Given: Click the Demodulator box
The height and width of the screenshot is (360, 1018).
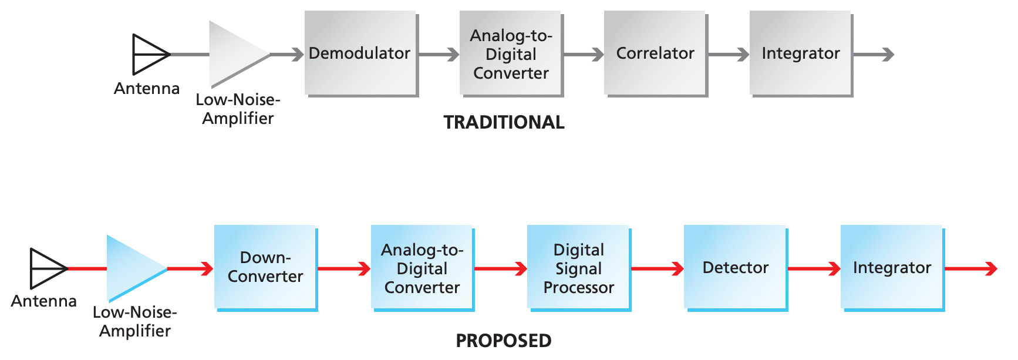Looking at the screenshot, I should [360, 53].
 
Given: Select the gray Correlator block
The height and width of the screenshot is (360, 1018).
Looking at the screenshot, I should [655, 53].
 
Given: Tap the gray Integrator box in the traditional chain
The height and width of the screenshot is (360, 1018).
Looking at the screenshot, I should [801, 53].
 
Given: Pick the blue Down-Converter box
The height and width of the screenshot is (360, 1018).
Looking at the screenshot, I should [265, 267].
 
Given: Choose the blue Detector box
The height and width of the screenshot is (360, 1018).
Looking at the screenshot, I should [736, 267].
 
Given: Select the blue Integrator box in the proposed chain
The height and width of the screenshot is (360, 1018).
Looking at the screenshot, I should [892, 267].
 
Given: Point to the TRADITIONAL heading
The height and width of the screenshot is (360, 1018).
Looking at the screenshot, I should [504, 122].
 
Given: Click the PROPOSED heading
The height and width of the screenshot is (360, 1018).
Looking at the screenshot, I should [504, 341].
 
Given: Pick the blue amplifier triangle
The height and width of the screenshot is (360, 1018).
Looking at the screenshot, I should [132, 268].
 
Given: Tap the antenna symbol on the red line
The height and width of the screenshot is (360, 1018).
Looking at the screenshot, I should [46, 268].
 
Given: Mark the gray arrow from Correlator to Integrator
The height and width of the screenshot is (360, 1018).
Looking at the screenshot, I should [728, 55].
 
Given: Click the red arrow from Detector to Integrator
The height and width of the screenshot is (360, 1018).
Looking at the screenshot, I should [814, 269].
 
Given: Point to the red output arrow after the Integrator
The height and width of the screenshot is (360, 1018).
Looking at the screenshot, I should [972, 269].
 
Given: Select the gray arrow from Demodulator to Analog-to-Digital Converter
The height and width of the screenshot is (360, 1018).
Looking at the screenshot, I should [439, 55].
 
